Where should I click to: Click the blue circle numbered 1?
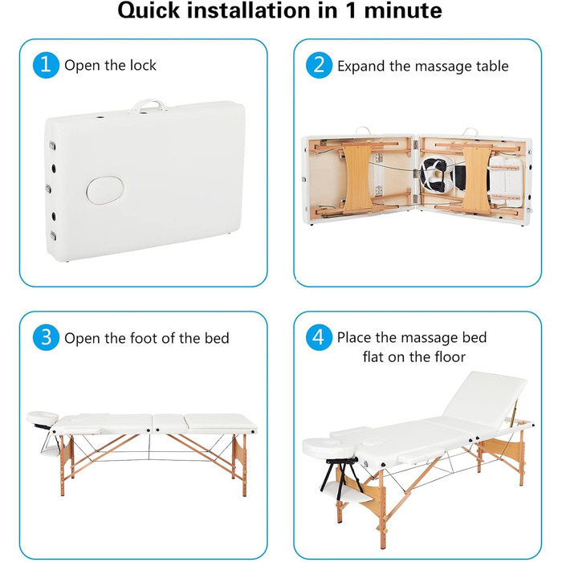[46, 65]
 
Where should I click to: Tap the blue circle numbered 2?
[319, 65]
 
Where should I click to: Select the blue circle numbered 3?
[46, 338]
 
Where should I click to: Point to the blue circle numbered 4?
[319, 338]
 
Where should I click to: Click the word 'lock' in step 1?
[143, 65]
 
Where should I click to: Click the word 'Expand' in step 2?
[361, 67]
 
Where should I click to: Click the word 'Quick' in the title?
[149, 10]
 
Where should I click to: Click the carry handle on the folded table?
[149, 105]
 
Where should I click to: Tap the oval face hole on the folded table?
[105, 190]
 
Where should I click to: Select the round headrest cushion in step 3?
[43, 417]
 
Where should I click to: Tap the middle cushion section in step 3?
[169, 424]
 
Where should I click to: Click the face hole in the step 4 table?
[373, 442]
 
